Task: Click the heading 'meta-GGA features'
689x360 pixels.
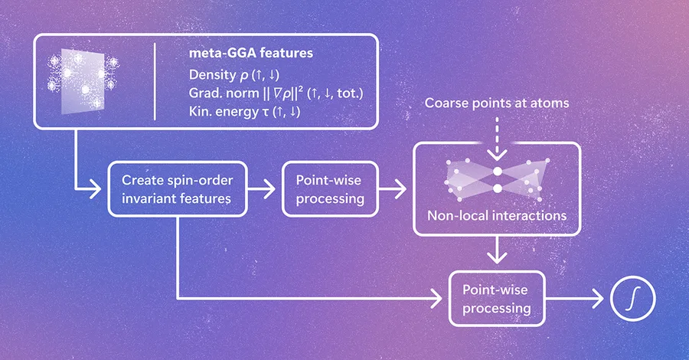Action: click(251, 53)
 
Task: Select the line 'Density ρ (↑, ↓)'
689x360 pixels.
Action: click(234, 75)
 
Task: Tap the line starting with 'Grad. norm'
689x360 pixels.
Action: click(276, 93)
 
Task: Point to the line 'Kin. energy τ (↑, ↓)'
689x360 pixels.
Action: click(245, 111)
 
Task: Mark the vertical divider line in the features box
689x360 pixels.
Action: click(155, 81)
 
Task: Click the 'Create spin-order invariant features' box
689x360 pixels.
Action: click(178, 189)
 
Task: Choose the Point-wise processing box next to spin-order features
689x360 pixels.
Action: click(330, 189)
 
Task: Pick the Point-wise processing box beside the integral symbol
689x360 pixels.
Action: click(497, 299)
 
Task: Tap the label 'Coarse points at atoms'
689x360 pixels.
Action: click(497, 103)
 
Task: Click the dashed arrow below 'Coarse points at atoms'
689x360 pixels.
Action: click(497, 139)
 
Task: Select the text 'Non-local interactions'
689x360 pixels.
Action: click(497, 215)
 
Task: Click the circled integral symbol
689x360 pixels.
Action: click(633, 299)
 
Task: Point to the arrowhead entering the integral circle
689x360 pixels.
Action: click(599, 299)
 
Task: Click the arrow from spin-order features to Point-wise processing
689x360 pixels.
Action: click(262, 189)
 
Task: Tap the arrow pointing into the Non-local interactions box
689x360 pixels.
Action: click(393, 189)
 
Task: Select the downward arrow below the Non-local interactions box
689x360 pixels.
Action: click(497, 250)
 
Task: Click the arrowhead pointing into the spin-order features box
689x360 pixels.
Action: click(96, 189)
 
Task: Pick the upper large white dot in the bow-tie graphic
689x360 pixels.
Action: click(498, 171)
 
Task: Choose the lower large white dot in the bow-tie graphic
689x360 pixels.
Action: click(498, 188)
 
